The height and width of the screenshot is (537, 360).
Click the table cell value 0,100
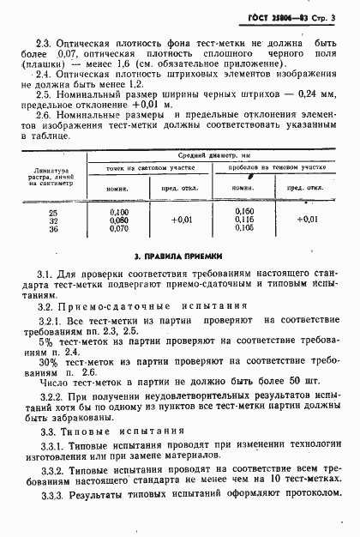pos(120,211)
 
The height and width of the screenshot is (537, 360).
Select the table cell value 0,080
pos(120,220)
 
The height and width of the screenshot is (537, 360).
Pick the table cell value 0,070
pos(120,228)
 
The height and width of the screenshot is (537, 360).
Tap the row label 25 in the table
pos(55,211)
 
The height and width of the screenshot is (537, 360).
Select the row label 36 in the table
pos(55,228)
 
